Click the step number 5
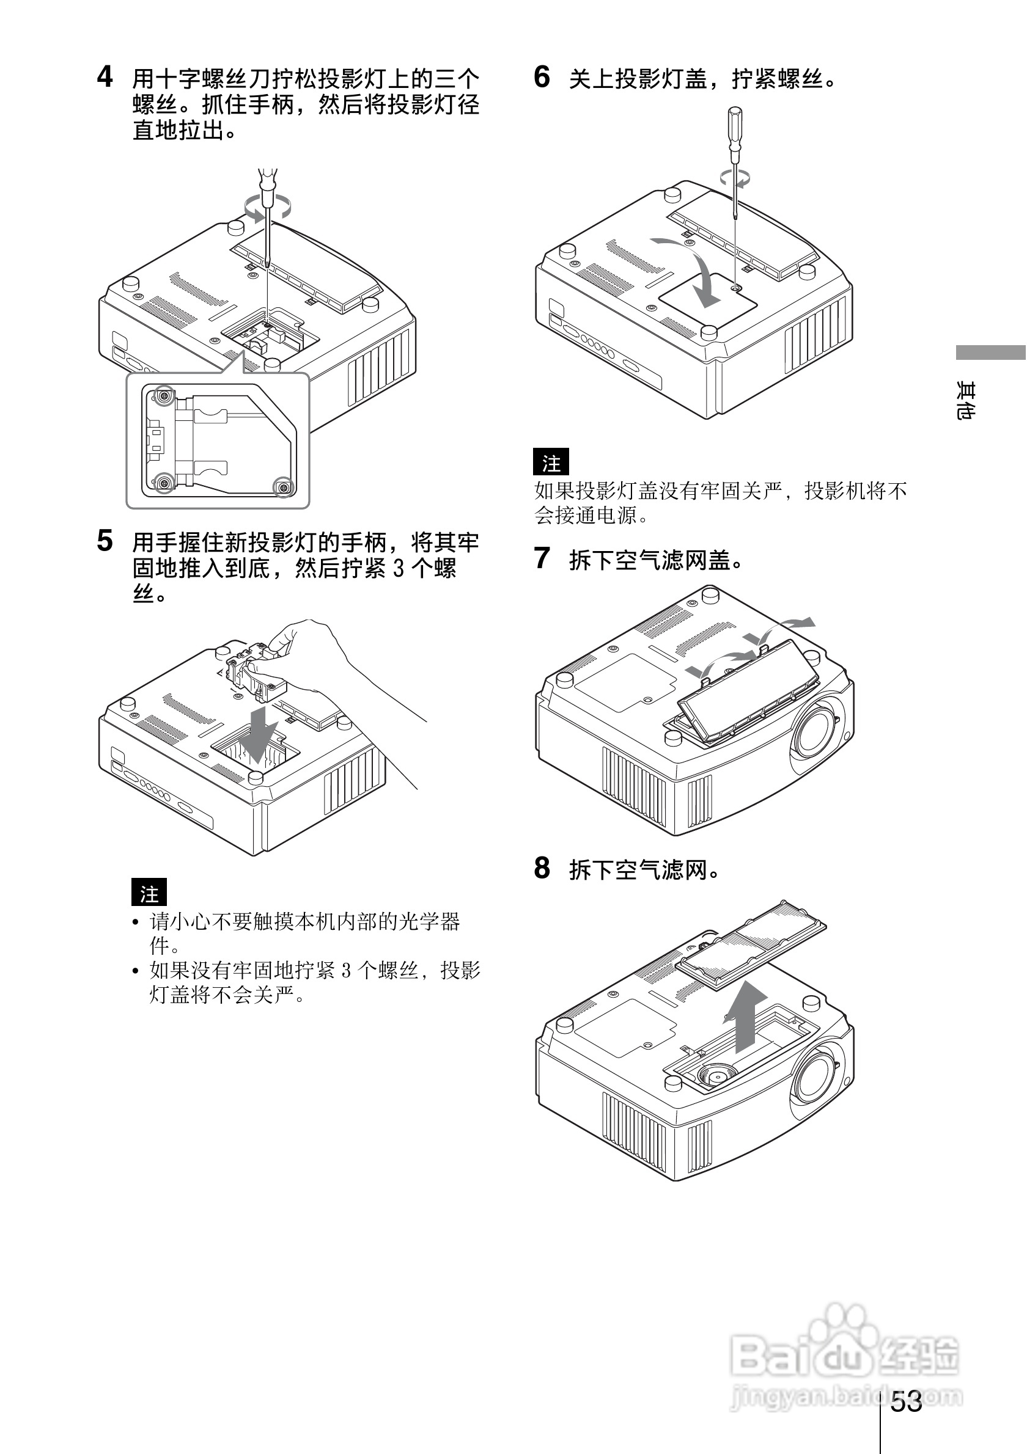tap(105, 541)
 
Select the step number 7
tap(542, 558)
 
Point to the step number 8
tap(542, 868)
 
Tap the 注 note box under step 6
tap(551, 462)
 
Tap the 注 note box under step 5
tap(149, 893)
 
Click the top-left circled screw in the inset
tap(164, 397)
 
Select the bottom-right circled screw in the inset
tap(283, 487)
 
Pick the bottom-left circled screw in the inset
tap(164, 483)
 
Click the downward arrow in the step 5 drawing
tap(259, 734)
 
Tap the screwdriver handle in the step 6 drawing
tap(735, 130)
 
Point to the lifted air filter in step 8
tap(753, 944)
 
